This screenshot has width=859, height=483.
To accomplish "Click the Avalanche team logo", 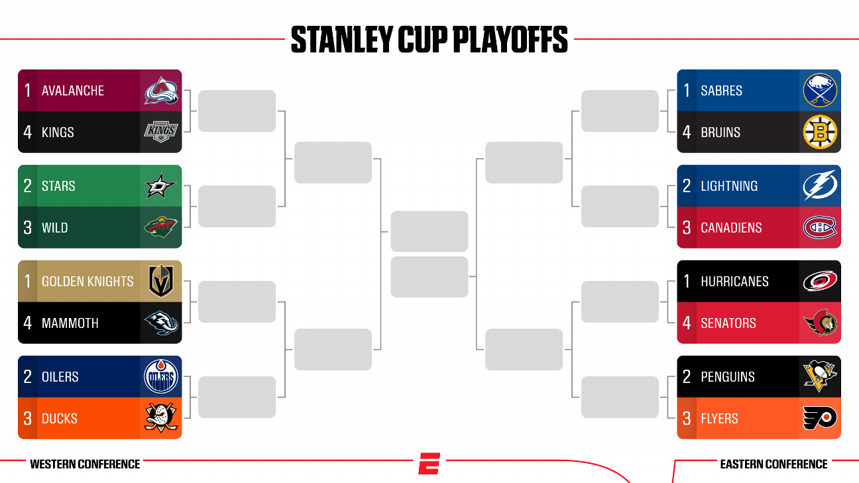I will pyautogui.click(x=161, y=91).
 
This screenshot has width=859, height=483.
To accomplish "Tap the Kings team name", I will pyautogui.click(x=58, y=133).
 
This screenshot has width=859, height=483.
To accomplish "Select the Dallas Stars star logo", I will pyautogui.click(x=160, y=186).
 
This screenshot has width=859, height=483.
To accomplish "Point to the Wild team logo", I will pyautogui.click(x=160, y=228).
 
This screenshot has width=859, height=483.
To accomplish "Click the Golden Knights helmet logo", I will pyautogui.click(x=160, y=282).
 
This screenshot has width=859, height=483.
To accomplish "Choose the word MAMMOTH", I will pyautogui.click(x=70, y=323).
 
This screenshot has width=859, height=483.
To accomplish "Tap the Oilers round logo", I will pyautogui.click(x=160, y=377).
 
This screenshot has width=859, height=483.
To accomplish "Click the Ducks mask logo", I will pyautogui.click(x=160, y=419).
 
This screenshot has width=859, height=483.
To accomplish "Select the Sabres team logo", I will pyautogui.click(x=821, y=91).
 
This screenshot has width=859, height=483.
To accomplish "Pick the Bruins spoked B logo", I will pyautogui.click(x=821, y=133).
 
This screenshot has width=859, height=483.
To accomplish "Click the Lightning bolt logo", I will pyautogui.click(x=821, y=186).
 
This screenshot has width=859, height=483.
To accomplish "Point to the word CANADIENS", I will pyautogui.click(x=731, y=228).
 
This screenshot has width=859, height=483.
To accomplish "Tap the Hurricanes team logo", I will pyautogui.click(x=821, y=282).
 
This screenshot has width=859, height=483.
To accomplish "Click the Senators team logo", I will pyautogui.click(x=821, y=323).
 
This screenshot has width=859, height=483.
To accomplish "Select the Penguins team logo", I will pyautogui.click(x=821, y=377).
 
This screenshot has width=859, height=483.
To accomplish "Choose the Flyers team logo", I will pyautogui.click(x=821, y=419).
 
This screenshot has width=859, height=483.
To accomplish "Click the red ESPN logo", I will pyautogui.click(x=429, y=463).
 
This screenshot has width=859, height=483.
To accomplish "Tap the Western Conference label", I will pyautogui.click(x=85, y=464).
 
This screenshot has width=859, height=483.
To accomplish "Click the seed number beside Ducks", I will pyautogui.click(x=27, y=419).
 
